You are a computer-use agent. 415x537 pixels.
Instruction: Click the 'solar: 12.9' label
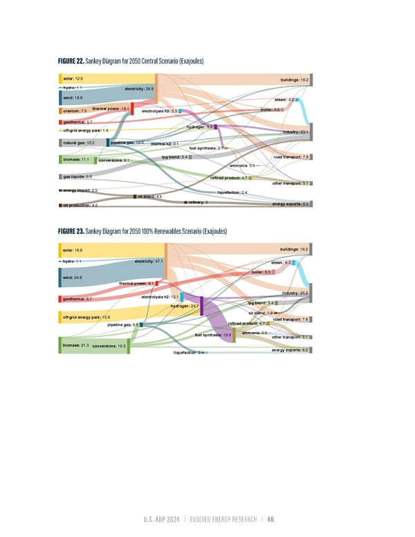pyautogui.click(x=73, y=80)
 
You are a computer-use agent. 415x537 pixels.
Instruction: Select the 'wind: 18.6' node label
pyautogui.click(x=73, y=98)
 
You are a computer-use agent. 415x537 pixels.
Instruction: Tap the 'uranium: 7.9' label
pyautogui.click(x=74, y=111)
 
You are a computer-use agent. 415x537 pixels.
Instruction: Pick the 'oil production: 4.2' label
pyautogui.click(x=80, y=206)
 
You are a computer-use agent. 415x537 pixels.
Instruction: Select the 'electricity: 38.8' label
pyautogui.click(x=139, y=89)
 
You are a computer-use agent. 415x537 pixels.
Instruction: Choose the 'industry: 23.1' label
pyautogui.click(x=295, y=131)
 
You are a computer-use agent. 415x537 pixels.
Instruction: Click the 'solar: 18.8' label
pyautogui.click(x=73, y=250)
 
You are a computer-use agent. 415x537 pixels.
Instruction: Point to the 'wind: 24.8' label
pyautogui.click(x=73, y=277)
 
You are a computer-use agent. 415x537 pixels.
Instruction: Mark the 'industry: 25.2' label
pyautogui.click(x=295, y=294)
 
